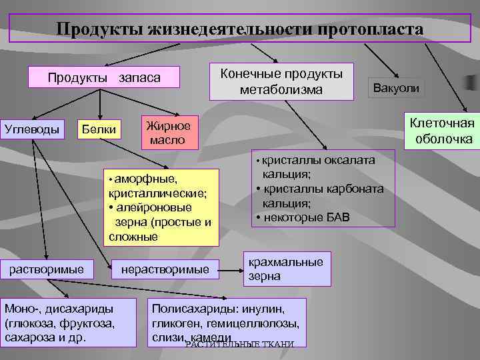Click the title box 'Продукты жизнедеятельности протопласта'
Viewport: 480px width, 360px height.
pos(239,29)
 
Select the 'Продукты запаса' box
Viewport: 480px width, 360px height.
pos(104,78)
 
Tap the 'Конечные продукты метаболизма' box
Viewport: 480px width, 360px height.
pos(281,81)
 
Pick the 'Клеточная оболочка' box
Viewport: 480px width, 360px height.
pos(441,131)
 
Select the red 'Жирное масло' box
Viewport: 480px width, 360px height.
pos(169,133)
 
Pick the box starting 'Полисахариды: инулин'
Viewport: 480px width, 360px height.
pos(227,322)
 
